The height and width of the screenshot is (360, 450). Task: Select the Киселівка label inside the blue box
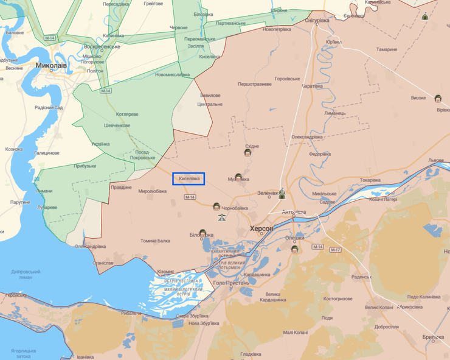coord(189,178)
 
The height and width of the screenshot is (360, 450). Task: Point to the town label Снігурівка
coord(316,20)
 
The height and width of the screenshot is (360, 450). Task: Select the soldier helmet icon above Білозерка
coord(202,233)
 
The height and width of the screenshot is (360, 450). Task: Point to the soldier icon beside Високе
coord(437,98)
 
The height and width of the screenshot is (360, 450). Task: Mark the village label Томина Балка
coord(156,241)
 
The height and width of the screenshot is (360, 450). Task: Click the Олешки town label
coord(295,238)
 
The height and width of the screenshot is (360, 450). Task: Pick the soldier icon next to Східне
coord(247,153)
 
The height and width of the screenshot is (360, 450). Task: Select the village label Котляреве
coord(127,114)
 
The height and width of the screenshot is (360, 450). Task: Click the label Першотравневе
coord(255,84)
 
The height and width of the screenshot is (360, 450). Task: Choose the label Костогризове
coord(337,299)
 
